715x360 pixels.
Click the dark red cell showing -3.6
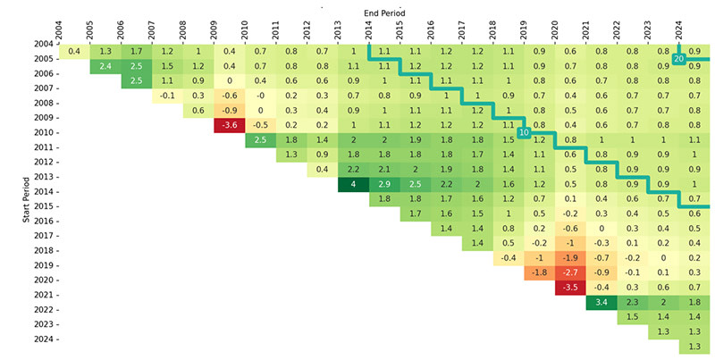click(230, 125)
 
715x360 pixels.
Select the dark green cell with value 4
click(353, 184)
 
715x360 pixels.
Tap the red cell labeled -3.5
click(569, 287)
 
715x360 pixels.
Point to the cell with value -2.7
click(569, 272)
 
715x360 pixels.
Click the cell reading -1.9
click(569, 257)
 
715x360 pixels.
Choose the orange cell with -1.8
click(539, 272)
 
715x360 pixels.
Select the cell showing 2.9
click(384, 184)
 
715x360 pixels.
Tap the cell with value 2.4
click(106, 66)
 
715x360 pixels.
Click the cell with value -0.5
click(260, 125)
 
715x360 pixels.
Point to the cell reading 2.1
click(384, 170)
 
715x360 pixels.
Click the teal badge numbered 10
click(524, 132)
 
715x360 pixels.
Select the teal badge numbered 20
click(678, 59)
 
